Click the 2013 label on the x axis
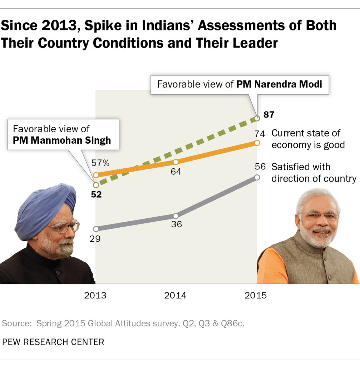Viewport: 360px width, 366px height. pyautogui.click(x=95, y=296)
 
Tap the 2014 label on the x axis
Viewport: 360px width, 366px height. pyautogui.click(x=175, y=296)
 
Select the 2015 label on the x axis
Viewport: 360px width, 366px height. pyautogui.click(x=256, y=296)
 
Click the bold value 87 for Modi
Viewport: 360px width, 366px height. pyautogui.click(x=269, y=115)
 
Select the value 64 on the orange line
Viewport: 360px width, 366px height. pyautogui.click(x=176, y=172)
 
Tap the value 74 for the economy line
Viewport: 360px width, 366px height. pyautogui.click(x=260, y=134)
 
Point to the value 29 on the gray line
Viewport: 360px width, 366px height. pyautogui.click(x=95, y=238)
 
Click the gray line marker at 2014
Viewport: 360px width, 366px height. pyautogui.click(x=176, y=216)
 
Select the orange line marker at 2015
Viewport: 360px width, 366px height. pyautogui.click(x=257, y=143)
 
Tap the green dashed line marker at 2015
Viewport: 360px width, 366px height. pyautogui.click(x=257, y=118)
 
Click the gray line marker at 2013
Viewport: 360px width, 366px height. pyautogui.click(x=95, y=229)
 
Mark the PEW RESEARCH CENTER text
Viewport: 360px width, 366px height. pyautogui.click(x=53, y=342)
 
